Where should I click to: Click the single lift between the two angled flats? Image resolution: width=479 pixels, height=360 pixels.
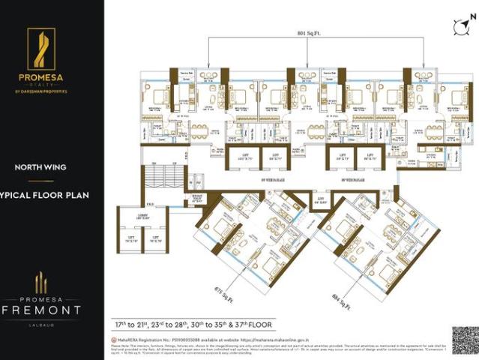point(300,201)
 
